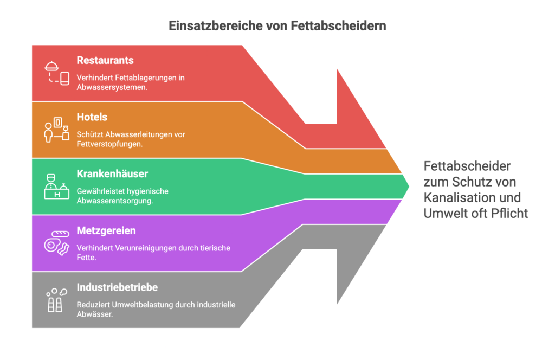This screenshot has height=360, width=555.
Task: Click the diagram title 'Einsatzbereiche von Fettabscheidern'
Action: (277, 25)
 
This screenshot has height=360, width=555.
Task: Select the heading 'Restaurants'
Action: (105, 60)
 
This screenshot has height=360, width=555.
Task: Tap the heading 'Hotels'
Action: (92, 117)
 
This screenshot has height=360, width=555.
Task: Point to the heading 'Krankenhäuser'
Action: (112, 174)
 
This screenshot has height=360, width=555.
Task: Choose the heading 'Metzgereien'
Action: (106, 231)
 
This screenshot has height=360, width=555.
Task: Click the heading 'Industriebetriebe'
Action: (117, 287)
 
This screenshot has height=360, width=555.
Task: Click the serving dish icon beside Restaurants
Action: (57, 73)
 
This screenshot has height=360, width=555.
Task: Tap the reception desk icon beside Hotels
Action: (57, 130)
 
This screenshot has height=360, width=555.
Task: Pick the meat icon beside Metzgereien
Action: (57, 243)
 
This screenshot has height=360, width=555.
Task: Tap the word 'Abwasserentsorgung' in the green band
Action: (114, 200)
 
